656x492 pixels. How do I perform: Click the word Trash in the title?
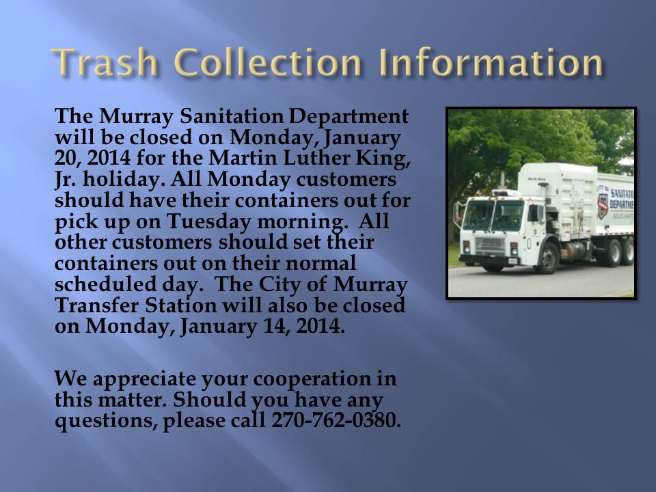click(x=105, y=62)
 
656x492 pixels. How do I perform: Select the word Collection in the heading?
click(x=268, y=62)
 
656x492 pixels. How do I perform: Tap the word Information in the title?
click(x=491, y=62)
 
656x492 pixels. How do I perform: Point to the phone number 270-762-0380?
click(x=336, y=420)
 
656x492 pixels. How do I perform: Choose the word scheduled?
click(x=105, y=284)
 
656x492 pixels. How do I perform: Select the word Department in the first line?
click(x=348, y=117)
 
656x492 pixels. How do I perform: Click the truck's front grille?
click(x=490, y=246)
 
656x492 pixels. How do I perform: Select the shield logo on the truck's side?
click(x=603, y=206)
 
